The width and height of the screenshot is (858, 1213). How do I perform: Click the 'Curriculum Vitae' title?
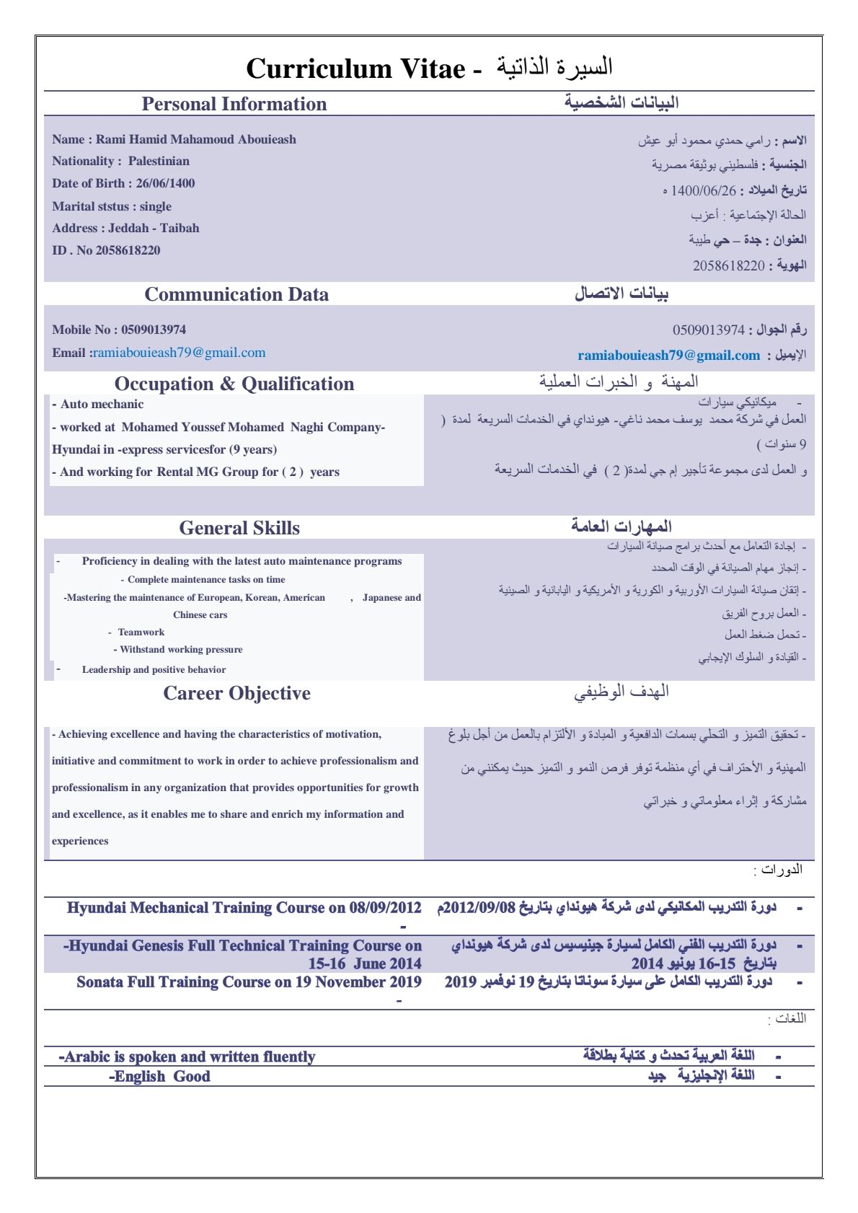point(355,69)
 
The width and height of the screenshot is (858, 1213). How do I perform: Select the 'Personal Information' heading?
point(234,104)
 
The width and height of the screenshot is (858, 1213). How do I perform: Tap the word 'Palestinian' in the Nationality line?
point(159,162)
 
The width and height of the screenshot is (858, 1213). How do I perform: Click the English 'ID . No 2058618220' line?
point(106,250)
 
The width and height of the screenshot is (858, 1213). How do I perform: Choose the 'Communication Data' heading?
point(236,294)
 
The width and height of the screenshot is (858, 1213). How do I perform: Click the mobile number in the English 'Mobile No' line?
point(154,330)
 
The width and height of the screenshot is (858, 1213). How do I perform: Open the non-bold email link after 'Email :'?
point(180,353)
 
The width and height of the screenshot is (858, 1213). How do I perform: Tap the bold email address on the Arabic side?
point(668,355)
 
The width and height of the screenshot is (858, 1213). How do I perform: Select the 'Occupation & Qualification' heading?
point(234,384)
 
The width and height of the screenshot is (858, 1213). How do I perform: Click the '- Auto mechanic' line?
point(98,405)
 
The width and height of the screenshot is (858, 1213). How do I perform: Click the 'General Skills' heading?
point(239,528)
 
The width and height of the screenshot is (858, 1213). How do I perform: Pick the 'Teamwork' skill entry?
point(141,632)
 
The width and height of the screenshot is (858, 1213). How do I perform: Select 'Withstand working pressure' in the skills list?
point(181,650)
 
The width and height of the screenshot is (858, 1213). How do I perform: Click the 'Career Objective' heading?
point(236,693)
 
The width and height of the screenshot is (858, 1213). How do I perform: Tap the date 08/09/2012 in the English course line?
point(385,908)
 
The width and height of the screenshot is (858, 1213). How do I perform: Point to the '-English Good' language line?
point(160,1077)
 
